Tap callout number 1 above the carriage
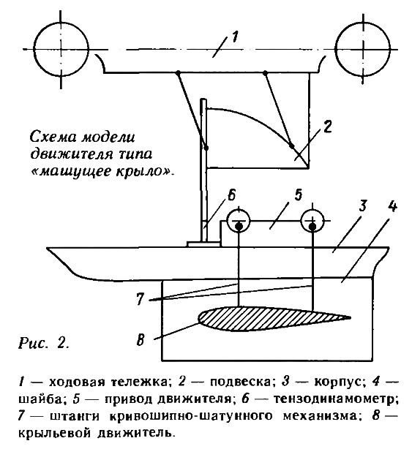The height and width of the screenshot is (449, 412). (x=234, y=37)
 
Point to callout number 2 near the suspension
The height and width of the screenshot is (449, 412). (x=327, y=127)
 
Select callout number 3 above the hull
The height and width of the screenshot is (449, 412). (x=362, y=205)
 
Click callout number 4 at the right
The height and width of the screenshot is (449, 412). (x=392, y=205)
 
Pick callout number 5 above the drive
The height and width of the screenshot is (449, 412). (x=298, y=195)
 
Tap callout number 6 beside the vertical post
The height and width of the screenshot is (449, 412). (x=231, y=195)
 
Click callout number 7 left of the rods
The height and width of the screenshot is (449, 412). (x=140, y=299)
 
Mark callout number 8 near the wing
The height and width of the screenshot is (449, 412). (x=140, y=341)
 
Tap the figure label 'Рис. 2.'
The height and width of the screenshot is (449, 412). (x=44, y=343)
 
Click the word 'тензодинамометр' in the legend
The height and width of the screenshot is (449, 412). (x=336, y=399)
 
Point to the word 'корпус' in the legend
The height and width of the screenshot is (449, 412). (x=340, y=382)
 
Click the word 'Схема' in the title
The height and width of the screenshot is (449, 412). (x=53, y=137)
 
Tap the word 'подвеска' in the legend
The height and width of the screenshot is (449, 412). (x=240, y=382)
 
